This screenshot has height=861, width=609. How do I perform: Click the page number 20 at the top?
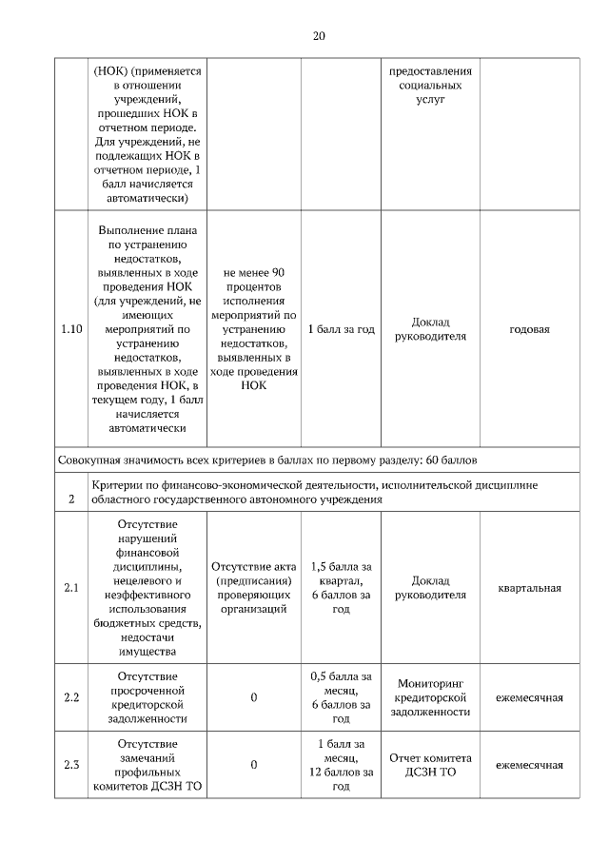pyautogui.click(x=319, y=36)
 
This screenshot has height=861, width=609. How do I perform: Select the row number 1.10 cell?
pyautogui.click(x=71, y=329)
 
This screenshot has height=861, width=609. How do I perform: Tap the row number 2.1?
pyautogui.click(x=71, y=588)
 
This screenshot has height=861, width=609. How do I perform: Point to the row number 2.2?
pyautogui.click(x=71, y=697)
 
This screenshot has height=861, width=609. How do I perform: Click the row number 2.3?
pyautogui.click(x=71, y=765)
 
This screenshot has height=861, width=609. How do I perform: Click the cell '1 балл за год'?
pyautogui.click(x=341, y=329)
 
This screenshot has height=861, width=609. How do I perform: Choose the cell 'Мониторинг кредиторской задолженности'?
pyautogui.click(x=432, y=697)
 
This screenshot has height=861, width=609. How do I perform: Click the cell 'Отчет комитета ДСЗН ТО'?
pyautogui.click(x=432, y=765)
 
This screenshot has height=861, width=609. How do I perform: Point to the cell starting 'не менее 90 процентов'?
pyautogui.click(x=254, y=329)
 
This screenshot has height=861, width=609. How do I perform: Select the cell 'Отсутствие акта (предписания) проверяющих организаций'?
pyautogui.click(x=254, y=588)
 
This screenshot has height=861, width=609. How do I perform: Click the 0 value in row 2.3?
pyautogui.click(x=254, y=765)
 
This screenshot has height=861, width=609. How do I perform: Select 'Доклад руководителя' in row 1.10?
pyautogui.click(x=432, y=329)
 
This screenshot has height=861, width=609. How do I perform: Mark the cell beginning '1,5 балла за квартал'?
pyautogui.click(x=341, y=588)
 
